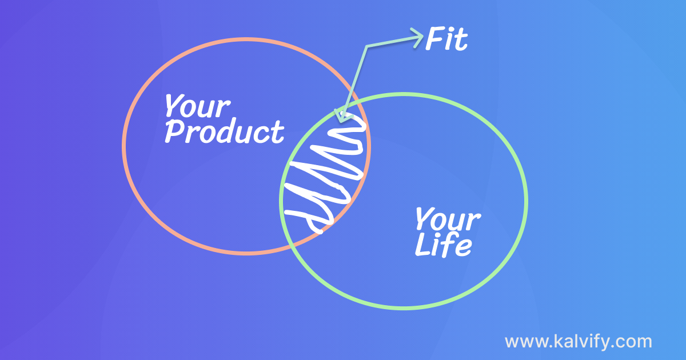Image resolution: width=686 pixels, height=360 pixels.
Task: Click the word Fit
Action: click(446, 39)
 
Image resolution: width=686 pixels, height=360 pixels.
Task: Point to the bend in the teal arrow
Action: click(366, 46)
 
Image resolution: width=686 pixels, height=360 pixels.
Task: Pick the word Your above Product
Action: click(197, 106)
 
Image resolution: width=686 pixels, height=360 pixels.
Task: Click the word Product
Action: click(224, 131)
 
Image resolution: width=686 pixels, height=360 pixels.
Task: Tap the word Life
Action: click(443, 245)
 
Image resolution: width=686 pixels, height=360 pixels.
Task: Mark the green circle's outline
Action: click(526, 201)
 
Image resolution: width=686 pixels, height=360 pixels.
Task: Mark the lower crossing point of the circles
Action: click(291, 245)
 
